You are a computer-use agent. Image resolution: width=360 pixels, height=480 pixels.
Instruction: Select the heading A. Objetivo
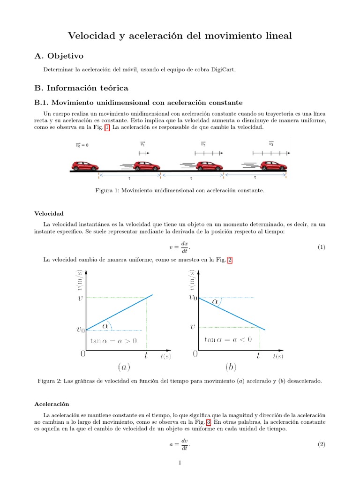pyautogui.click(x=59, y=56)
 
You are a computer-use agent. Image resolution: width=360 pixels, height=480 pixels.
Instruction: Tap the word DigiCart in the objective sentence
pyautogui.click(x=224, y=70)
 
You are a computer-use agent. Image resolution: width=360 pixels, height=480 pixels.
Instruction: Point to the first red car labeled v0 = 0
pyautogui.click(x=85, y=166)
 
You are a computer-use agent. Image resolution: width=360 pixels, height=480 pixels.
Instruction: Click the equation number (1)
pyautogui.click(x=321, y=247)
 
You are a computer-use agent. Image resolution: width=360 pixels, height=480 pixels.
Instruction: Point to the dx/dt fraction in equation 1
pyautogui.click(x=184, y=247)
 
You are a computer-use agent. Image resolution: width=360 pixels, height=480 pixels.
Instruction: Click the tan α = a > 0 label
pyautogui.click(x=113, y=341)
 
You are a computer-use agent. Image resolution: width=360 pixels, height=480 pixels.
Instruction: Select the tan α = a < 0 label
pyautogui.click(x=228, y=339)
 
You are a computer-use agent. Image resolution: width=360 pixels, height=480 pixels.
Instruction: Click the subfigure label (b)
pyautogui.click(x=231, y=367)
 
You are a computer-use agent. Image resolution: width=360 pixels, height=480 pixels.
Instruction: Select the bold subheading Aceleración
pyautogui.click(x=52, y=404)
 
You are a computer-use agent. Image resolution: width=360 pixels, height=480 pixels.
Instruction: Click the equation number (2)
pyautogui.click(x=321, y=444)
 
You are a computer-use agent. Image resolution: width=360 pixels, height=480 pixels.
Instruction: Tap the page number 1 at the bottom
pyautogui.click(x=180, y=463)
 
